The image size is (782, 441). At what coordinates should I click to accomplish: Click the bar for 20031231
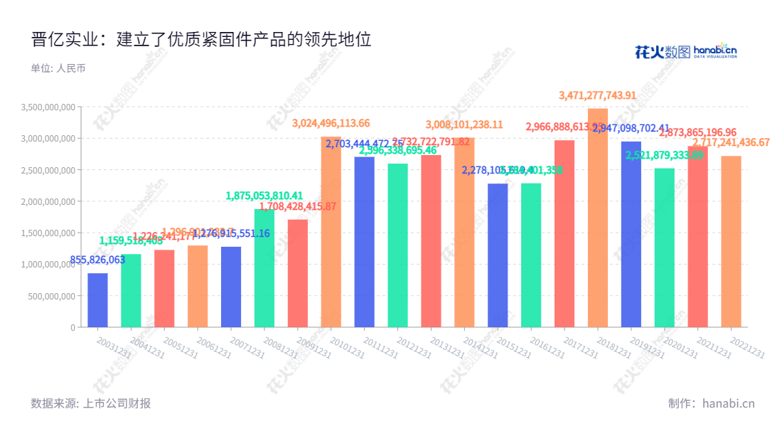click(x=97, y=300)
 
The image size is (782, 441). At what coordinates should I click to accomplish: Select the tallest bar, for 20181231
click(x=598, y=218)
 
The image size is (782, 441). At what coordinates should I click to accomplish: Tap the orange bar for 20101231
click(x=331, y=232)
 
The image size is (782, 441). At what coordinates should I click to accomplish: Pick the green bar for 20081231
click(x=264, y=268)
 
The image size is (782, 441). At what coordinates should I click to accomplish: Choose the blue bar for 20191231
click(x=631, y=234)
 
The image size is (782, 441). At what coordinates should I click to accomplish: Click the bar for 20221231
click(x=731, y=242)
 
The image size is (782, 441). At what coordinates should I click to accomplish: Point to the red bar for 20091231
click(x=298, y=273)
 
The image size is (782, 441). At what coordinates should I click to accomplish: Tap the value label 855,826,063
click(x=97, y=260)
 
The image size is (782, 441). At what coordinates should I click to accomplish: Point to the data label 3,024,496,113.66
click(x=331, y=123)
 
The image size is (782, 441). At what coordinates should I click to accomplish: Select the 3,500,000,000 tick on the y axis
click(x=49, y=107)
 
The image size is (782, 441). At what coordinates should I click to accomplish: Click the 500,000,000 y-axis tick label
click(x=53, y=296)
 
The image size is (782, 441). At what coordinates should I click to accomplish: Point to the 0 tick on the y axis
click(x=73, y=327)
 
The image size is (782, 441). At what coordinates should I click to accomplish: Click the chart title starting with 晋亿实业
click(x=201, y=39)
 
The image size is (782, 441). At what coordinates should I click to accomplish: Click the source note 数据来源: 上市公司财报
click(x=91, y=403)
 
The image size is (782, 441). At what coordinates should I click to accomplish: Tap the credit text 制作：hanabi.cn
click(x=711, y=403)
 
